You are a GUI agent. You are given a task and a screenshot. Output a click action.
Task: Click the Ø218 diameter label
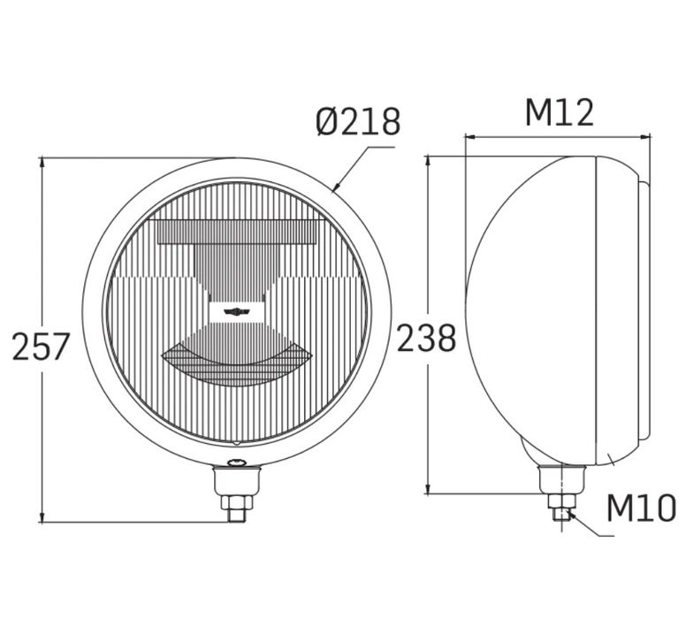coord(358,121)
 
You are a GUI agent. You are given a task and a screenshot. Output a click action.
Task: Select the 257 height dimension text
coord(41,347)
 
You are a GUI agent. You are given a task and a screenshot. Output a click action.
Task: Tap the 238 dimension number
coord(426,338)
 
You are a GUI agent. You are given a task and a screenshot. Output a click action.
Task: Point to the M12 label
coord(559,113)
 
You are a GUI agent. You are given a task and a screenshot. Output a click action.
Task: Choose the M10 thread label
coord(642,508)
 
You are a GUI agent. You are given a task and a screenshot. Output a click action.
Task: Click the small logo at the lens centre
coord(237,312)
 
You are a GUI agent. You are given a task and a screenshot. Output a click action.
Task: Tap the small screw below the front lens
coord(237,462)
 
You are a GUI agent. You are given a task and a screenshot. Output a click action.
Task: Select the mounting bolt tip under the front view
coord(237,516)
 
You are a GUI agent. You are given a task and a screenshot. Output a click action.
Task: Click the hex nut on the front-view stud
coord(237,502)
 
